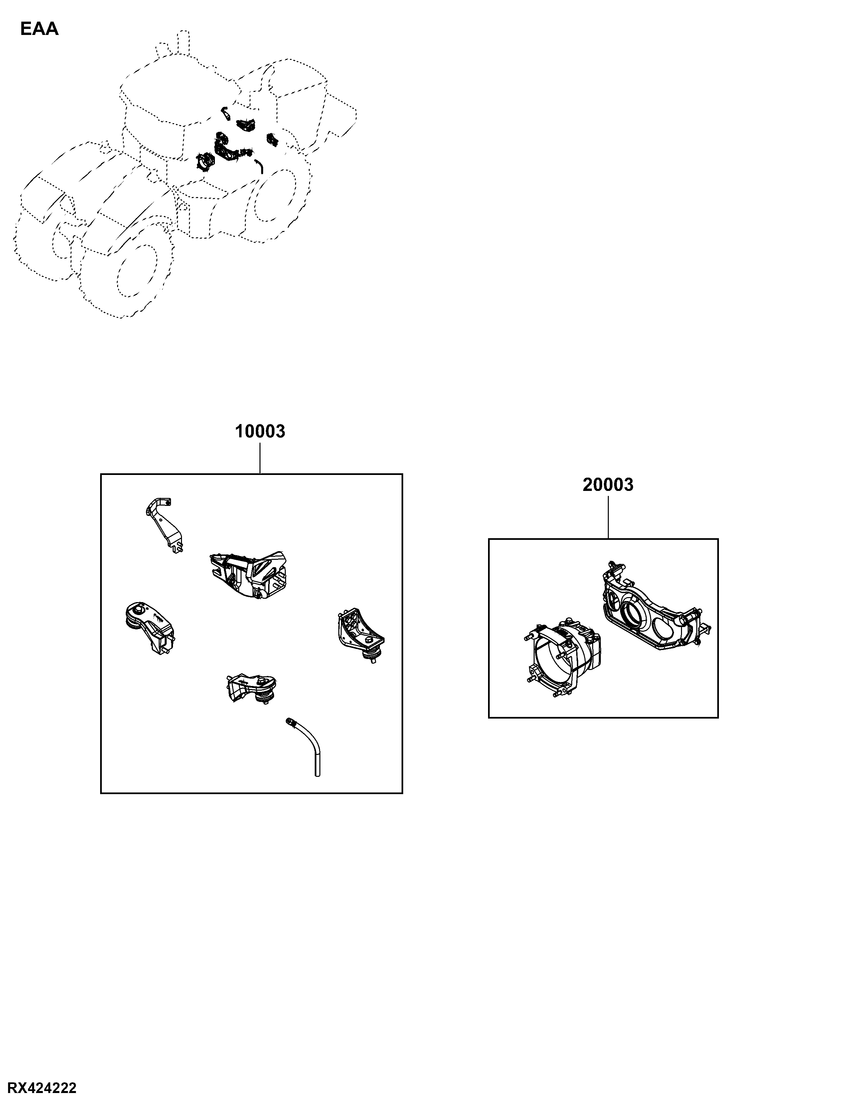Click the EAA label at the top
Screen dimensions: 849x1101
(39, 29)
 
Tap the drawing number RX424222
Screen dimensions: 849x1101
(42, 1088)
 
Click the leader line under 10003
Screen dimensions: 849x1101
(260, 458)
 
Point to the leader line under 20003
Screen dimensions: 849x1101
(608, 517)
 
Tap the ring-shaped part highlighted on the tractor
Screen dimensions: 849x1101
(205, 162)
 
